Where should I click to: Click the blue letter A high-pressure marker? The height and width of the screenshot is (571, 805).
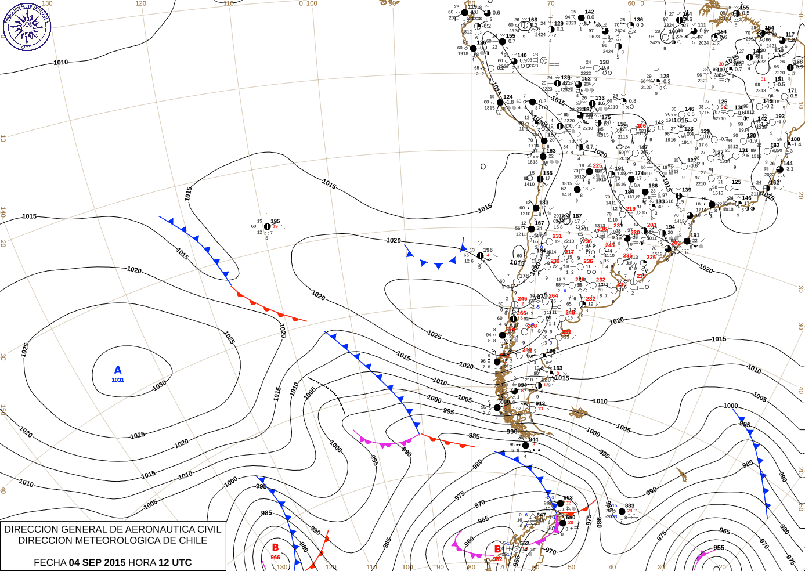pyautogui.click(x=118, y=370)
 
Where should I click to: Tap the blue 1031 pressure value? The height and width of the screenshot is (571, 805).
pyautogui.click(x=118, y=380)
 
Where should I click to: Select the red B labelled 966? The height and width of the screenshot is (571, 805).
pyautogui.click(x=275, y=547)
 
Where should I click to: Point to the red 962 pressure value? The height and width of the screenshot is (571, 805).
pyautogui.click(x=497, y=559)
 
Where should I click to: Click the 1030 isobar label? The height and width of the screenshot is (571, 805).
pyautogui.click(x=159, y=384)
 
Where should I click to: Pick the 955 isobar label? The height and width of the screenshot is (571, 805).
pyautogui.click(x=719, y=548)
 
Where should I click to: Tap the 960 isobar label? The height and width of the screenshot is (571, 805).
pyautogui.click(x=469, y=541)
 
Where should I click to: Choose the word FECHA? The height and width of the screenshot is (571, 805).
pyautogui.click(x=50, y=562)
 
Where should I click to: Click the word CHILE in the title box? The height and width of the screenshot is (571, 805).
pyautogui.click(x=194, y=540)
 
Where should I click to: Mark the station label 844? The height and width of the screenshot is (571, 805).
pyautogui.click(x=533, y=440)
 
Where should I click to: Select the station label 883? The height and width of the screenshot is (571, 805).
pyautogui.click(x=630, y=506)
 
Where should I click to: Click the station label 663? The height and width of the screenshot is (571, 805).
pyautogui.click(x=568, y=498)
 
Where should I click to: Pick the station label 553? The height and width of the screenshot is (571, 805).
pyautogui.click(x=524, y=544)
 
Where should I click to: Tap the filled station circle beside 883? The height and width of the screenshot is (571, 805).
pyautogui.click(x=622, y=512)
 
